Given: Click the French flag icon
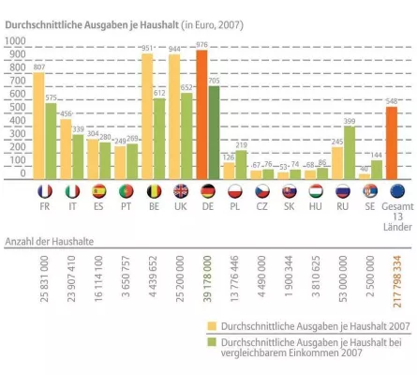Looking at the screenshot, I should [44, 190].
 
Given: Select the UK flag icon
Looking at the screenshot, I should [180, 190].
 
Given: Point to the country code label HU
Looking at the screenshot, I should [316, 211].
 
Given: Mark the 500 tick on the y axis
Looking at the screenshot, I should [17, 107].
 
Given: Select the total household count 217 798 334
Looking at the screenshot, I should [397, 271].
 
